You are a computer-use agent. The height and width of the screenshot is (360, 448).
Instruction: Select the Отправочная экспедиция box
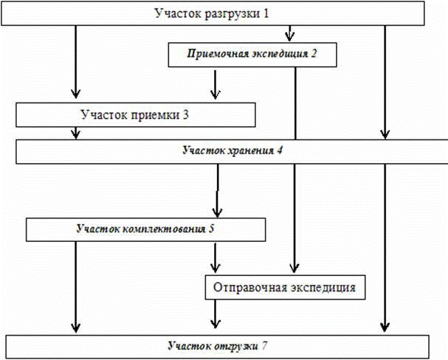click(286, 286)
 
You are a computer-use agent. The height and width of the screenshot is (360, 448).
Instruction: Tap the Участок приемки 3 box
click(136, 114)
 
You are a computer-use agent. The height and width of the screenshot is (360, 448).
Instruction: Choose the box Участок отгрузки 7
click(217, 345)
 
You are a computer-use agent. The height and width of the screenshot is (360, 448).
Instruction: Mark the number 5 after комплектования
click(211, 228)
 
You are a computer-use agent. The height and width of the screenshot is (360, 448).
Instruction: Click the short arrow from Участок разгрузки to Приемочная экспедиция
click(290, 34)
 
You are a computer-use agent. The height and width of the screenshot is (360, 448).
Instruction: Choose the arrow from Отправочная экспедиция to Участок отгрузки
click(216, 315)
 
